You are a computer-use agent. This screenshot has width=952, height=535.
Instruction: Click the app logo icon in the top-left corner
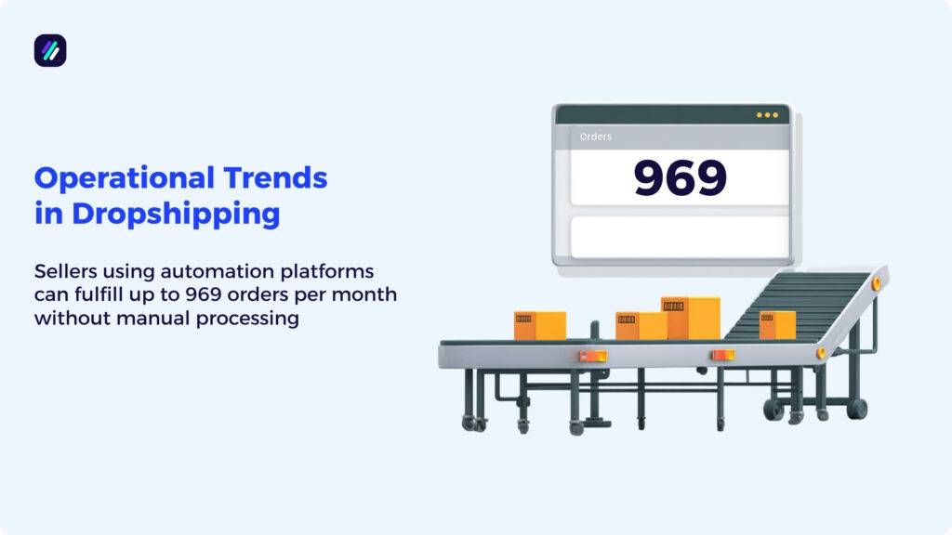[50, 50]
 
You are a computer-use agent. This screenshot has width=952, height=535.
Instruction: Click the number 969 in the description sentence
[247, 295]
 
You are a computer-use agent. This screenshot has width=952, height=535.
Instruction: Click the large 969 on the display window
[680, 177]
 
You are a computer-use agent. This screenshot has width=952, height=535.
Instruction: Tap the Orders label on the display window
[596, 137]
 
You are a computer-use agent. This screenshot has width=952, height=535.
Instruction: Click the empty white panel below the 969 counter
[680, 237]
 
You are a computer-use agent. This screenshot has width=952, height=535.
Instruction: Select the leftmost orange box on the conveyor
[539, 325]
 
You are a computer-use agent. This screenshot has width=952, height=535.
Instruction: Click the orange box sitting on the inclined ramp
[777, 324]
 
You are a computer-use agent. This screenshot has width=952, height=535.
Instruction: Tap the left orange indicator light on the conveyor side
[593, 355]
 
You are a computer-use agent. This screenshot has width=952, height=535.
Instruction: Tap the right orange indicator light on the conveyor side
[722, 355]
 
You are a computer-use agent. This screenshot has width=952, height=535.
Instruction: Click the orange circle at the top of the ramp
[876, 283]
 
